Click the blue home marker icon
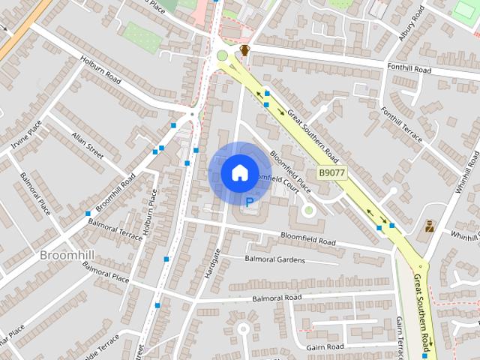point(239,172)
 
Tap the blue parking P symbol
point(250,201)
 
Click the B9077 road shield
point(331,173)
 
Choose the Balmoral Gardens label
point(274,259)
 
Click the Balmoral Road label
point(277,298)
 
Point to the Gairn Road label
point(325,346)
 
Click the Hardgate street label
point(213,263)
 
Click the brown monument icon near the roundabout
point(244,51)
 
